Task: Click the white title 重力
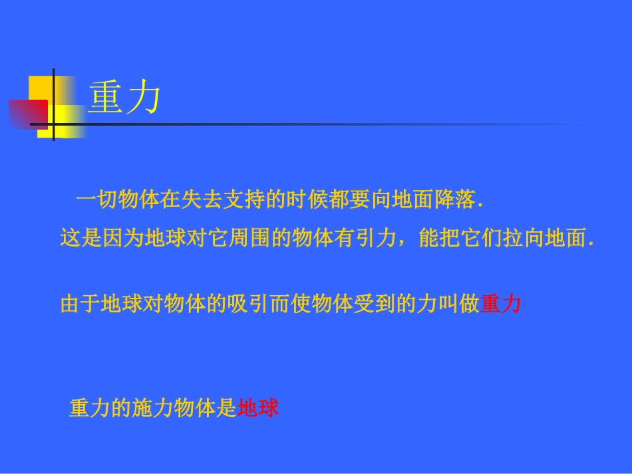click(124, 98)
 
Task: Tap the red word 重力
click(500, 304)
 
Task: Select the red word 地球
click(258, 408)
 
